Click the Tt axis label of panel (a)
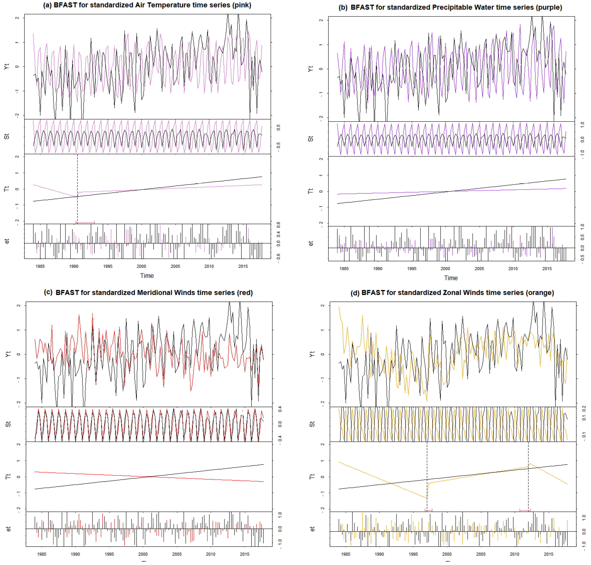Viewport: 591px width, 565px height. (x=7, y=189)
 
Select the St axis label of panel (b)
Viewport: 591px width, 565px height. (x=310, y=139)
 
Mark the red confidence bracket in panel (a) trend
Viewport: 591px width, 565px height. (x=85, y=223)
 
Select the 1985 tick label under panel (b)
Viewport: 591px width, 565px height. (x=344, y=269)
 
